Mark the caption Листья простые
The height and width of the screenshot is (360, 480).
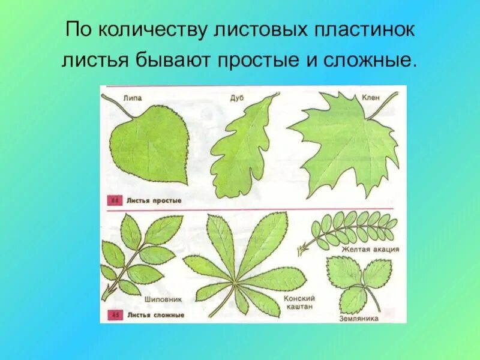[147, 200]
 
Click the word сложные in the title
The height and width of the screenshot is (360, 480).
[367, 61]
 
